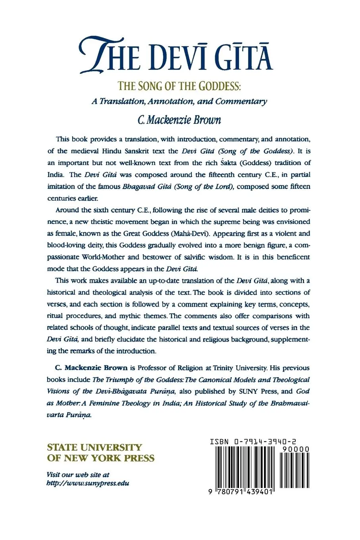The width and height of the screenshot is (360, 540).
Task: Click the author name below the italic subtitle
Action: (179, 119)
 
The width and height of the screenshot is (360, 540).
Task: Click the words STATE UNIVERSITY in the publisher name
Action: (94, 447)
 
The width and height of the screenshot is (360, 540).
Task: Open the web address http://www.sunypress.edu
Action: (88, 484)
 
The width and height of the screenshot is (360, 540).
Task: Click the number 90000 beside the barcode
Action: (294, 449)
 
